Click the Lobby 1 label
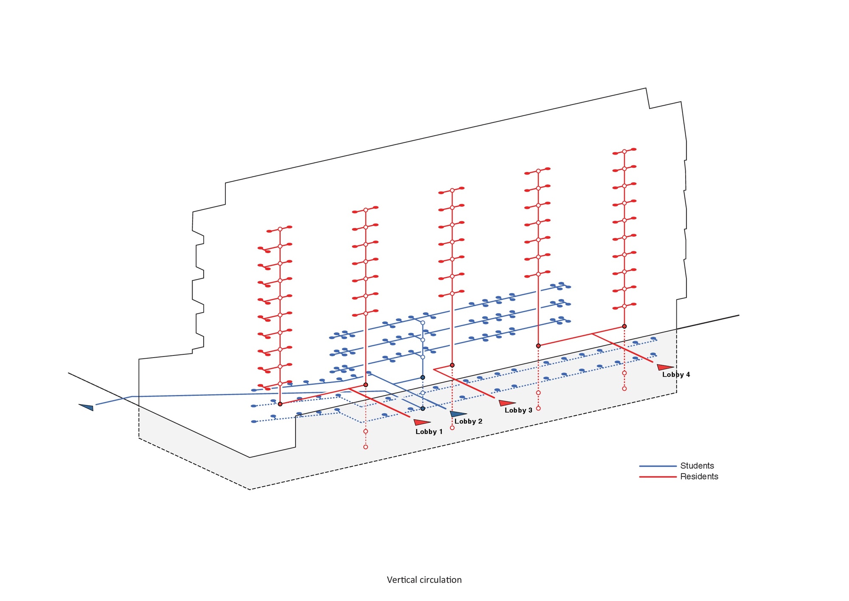coord(429,432)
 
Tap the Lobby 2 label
coord(468,421)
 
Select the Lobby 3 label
coord(518,410)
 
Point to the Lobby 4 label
coord(676,375)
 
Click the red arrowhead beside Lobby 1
coord(422,422)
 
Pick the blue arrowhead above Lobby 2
coord(458,414)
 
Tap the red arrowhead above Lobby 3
coord(506,403)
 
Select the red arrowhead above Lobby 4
coord(664,367)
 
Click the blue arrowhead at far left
coord(87,407)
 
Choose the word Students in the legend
coord(697,466)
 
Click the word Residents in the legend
coord(699,477)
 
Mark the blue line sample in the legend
coord(658,466)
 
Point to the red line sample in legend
coord(658,477)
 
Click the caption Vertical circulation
coord(424,580)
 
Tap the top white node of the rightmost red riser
coord(624,152)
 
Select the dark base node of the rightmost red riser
coord(624,326)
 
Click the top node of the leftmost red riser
coord(280,229)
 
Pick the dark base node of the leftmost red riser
coord(280,404)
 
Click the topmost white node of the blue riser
coord(423,323)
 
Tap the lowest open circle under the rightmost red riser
coord(624,389)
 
